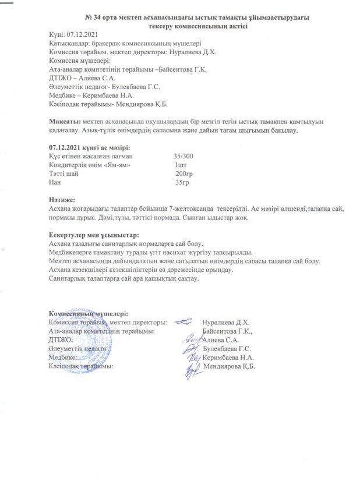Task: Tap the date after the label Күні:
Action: point(82,35)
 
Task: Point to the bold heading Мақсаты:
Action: point(65,120)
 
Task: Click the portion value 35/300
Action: point(183,157)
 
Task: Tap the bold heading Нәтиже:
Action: point(63,200)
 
